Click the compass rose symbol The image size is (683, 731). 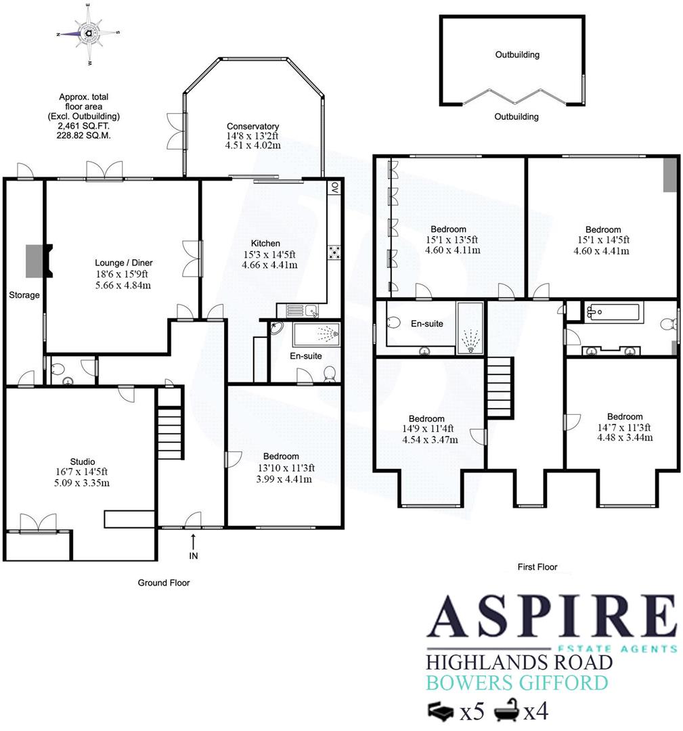click(x=89, y=32)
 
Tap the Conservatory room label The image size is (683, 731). click(x=252, y=127)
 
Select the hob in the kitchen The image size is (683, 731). click(x=334, y=252)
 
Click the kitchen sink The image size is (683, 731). click(x=302, y=311)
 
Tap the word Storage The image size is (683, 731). click(x=24, y=295)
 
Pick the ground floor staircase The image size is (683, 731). click(x=170, y=424)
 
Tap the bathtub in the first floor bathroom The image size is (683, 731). click(x=613, y=313)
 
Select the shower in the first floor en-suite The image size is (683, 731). click(x=470, y=328)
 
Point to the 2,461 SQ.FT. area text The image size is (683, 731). click(x=84, y=126)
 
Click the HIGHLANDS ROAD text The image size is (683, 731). click(x=519, y=663)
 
